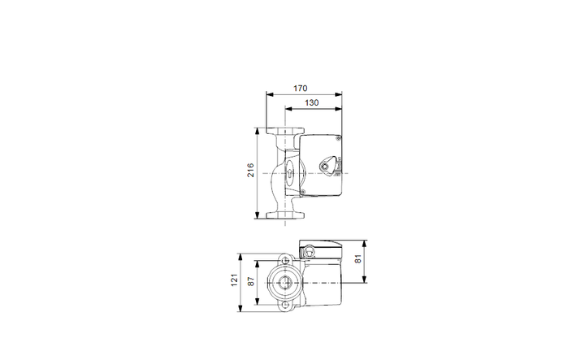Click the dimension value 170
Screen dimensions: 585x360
coord(300,89)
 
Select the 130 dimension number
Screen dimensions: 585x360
coord(311,102)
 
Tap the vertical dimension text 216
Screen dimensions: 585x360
coord(251,170)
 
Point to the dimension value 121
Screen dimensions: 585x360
coord(234,280)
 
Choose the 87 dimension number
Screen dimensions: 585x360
coord(251,281)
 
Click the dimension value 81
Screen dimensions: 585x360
coord(357,259)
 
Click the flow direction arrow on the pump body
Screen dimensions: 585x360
coord(290,173)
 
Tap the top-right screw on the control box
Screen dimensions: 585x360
coord(338,138)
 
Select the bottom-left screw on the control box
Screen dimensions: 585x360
coord(303,192)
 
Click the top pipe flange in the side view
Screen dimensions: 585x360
coord(285,131)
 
